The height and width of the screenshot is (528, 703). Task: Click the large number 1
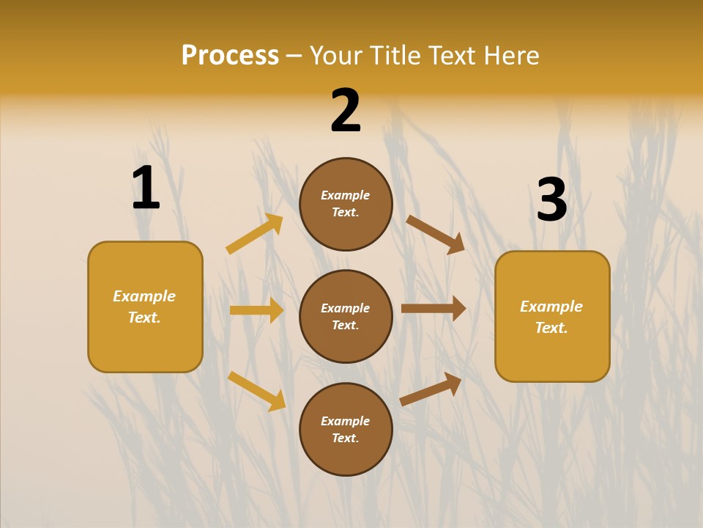(x=146, y=188)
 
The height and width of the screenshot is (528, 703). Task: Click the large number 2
(x=346, y=111)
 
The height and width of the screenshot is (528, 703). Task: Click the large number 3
(x=551, y=199)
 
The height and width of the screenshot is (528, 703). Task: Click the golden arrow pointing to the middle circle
(x=257, y=310)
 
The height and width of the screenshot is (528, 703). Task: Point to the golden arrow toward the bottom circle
(x=257, y=391)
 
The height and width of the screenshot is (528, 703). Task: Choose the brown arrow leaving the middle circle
(x=434, y=309)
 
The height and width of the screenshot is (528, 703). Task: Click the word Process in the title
(x=230, y=56)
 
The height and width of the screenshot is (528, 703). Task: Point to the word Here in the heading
(x=510, y=56)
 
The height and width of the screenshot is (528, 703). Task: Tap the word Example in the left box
(x=144, y=296)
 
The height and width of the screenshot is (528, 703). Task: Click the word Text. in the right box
(x=551, y=328)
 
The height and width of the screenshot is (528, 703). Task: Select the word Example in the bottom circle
(x=346, y=421)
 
